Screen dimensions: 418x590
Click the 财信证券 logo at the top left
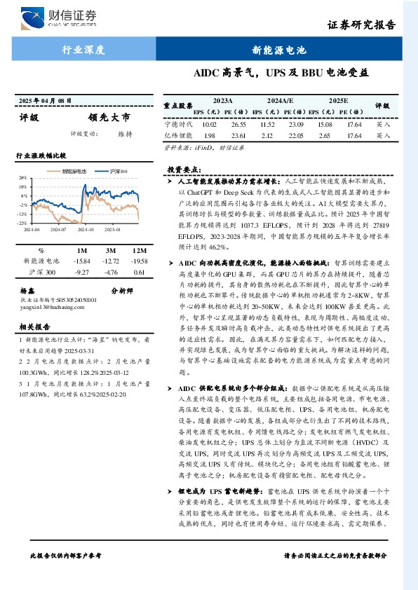pos(60,16)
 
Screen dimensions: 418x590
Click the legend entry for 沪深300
pos(119,171)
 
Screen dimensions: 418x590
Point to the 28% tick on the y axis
pos(22,178)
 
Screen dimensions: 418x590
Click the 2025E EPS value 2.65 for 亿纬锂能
pos(323,135)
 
